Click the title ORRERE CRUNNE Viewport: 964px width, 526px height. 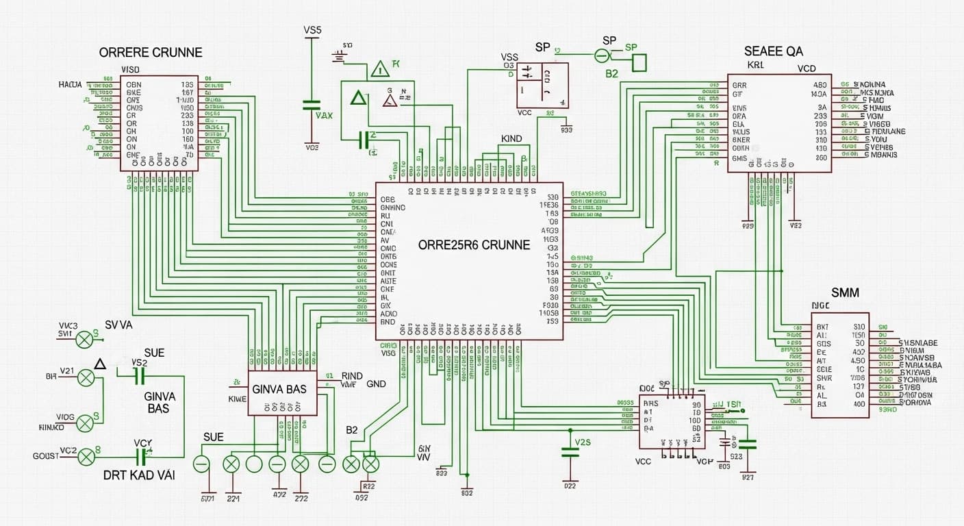(151, 53)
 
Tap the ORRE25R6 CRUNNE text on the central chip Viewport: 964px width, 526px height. (474, 245)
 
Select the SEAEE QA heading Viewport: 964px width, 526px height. (774, 51)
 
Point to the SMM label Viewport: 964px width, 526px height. (845, 292)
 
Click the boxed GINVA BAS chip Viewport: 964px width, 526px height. (279, 389)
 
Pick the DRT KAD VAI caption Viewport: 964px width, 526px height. (139, 475)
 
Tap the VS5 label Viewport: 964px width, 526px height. (312, 31)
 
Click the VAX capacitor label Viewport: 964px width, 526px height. (324, 115)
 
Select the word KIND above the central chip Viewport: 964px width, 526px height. (511, 139)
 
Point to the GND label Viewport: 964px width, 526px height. (377, 384)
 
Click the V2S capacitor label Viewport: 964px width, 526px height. (582, 442)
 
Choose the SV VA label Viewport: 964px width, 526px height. (118, 325)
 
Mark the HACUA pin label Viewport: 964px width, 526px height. (71, 85)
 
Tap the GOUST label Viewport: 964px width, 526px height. (45, 456)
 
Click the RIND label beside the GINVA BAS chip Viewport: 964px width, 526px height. (352, 376)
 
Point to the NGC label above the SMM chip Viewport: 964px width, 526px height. (820, 305)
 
